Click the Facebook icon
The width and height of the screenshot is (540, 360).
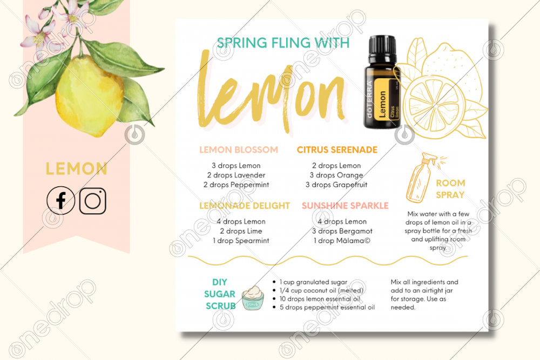point(60,200)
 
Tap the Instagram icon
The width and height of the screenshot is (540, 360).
point(93,201)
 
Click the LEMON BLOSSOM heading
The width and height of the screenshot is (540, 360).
point(239,150)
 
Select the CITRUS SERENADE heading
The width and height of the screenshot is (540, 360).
point(337,150)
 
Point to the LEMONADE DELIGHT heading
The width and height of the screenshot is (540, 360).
point(245,206)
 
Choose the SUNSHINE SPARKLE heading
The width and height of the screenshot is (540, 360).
point(345,206)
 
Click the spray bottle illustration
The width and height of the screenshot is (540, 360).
point(422,177)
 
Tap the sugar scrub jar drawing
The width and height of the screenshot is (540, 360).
point(253,298)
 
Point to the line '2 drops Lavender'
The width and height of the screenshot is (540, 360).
point(237,175)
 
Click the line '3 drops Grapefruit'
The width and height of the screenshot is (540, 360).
point(336,185)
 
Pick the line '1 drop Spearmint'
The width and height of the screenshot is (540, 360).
point(241,241)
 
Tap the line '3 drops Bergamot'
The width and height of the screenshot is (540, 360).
point(342,231)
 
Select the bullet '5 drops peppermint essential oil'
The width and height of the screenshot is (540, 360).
point(323,307)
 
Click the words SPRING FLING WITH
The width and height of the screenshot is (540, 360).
point(283,43)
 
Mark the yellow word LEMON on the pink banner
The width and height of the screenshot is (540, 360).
point(77,168)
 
